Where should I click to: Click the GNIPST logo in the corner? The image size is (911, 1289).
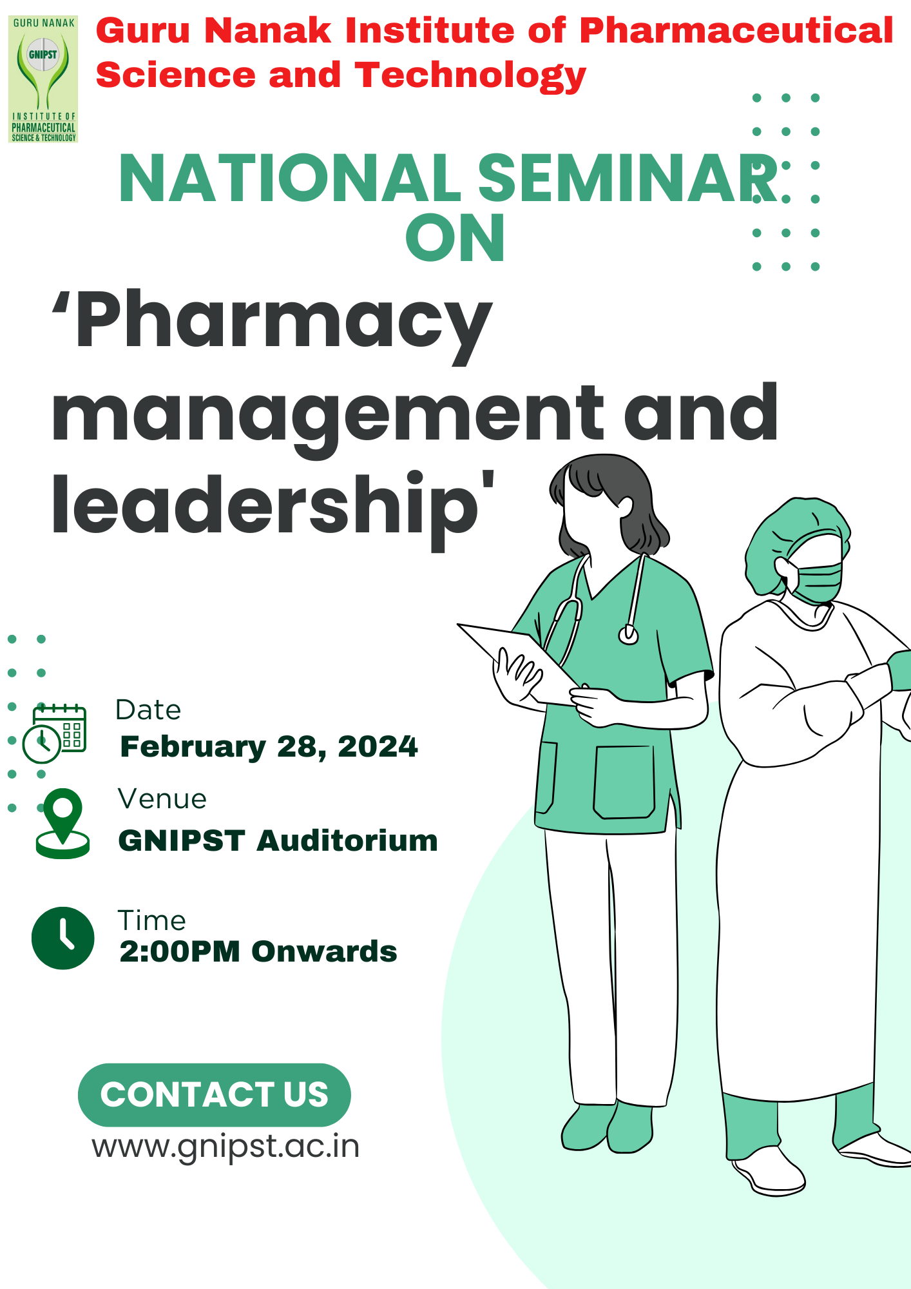click(43, 79)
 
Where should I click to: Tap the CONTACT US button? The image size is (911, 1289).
click(214, 1094)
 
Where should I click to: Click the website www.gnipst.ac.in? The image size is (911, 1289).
click(225, 1147)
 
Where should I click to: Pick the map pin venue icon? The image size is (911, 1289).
click(62, 823)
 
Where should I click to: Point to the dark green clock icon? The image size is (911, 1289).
click(62, 938)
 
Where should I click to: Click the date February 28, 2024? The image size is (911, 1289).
click(269, 746)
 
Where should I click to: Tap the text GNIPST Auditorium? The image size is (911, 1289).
click(278, 840)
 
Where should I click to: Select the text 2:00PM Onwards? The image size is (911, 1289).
click(258, 951)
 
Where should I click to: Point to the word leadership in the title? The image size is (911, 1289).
click(264, 506)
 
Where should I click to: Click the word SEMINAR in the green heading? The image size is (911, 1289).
click(628, 179)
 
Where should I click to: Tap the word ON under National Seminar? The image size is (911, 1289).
click(455, 238)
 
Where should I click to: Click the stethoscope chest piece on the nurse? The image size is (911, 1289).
click(628, 635)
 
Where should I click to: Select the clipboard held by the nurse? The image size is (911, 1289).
click(515, 661)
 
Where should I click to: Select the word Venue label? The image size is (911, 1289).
click(162, 799)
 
